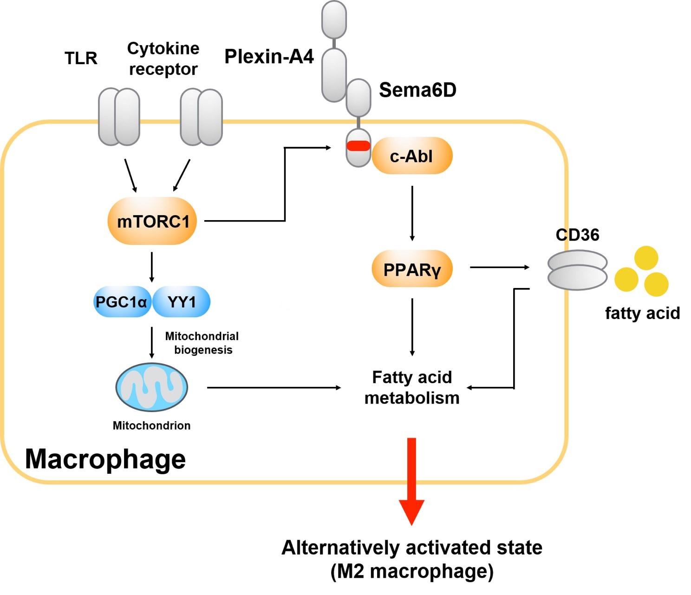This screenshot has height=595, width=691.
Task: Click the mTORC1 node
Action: point(152,221)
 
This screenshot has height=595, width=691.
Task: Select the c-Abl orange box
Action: point(412,156)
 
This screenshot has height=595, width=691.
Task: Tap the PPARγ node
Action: point(412,269)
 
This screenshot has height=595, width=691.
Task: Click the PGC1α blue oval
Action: point(122,302)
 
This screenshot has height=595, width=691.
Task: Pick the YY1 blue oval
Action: point(182,302)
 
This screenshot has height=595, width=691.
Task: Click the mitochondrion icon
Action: point(151,387)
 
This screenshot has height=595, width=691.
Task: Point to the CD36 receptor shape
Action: point(577,270)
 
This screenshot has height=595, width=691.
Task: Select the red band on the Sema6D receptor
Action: point(359,146)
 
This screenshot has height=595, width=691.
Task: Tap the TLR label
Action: point(81,59)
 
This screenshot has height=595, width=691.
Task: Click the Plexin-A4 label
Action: point(269,57)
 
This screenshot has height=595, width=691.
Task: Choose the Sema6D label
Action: point(417,90)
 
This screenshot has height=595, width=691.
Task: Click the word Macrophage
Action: point(105,459)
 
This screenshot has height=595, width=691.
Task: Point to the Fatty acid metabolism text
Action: point(412,387)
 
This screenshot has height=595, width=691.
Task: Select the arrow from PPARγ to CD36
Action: point(499,267)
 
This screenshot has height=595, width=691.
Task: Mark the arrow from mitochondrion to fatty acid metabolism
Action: point(274,387)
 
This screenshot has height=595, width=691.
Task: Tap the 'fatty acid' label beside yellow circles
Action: point(642,313)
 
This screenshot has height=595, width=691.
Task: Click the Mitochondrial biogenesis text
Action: point(202,343)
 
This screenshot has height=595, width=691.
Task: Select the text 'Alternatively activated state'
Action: point(412,548)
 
